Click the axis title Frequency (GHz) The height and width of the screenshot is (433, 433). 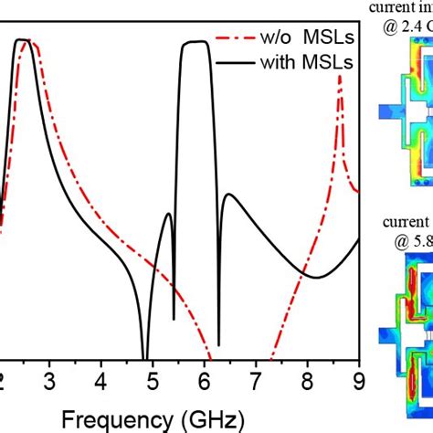[x=153, y=419]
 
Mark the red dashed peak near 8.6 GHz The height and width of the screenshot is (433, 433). [x=340, y=79]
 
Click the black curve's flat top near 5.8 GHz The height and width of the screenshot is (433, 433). [x=194, y=42]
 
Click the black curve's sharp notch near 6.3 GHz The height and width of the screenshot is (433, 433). [x=218, y=343]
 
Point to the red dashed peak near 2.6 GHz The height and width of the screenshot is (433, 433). [x=32, y=42]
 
